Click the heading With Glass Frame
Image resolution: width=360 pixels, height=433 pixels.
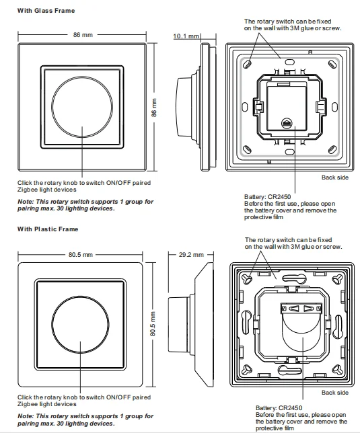[46, 11]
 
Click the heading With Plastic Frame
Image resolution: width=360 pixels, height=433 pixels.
[48, 229]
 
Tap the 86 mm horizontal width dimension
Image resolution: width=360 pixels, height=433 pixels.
[83, 34]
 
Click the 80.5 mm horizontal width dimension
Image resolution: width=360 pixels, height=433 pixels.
[79, 255]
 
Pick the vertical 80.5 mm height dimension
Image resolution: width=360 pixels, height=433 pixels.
[153, 325]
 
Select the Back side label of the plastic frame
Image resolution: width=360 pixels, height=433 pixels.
[334, 392]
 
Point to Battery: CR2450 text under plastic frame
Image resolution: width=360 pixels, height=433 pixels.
[278, 407]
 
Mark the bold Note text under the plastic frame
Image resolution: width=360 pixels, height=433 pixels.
[85, 420]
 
